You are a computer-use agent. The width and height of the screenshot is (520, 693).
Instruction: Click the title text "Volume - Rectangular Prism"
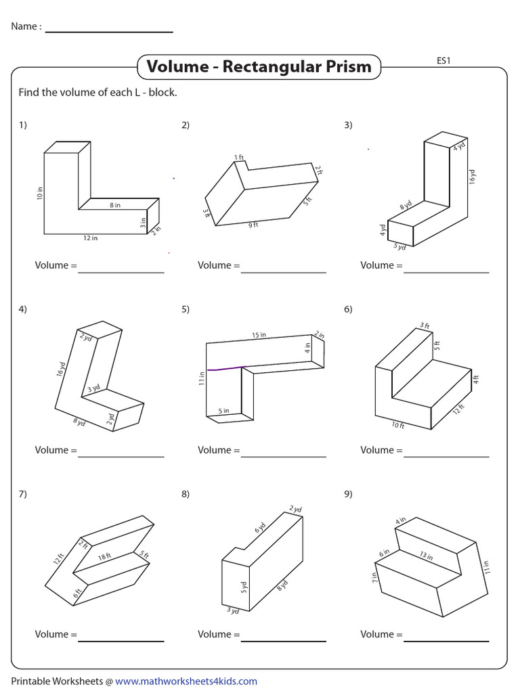[x=259, y=66]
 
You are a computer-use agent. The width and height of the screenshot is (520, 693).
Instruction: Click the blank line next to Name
[x=108, y=31]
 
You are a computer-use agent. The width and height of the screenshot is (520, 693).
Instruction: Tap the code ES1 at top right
[x=443, y=60]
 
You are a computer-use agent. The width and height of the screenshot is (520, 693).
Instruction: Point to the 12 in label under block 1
[x=91, y=238]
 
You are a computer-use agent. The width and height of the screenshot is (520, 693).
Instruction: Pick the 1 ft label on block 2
[x=239, y=158]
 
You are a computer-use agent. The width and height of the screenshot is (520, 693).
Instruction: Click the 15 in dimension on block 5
[x=259, y=335]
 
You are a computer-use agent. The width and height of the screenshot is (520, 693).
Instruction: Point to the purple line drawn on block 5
[x=226, y=369]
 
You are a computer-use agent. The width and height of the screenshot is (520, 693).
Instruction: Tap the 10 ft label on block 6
[x=397, y=426]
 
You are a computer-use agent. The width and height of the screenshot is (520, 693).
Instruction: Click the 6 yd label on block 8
[x=260, y=528]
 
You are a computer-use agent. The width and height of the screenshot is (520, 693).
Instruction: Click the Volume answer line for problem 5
[x=283, y=456]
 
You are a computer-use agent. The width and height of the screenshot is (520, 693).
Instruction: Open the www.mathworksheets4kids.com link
[x=186, y=681]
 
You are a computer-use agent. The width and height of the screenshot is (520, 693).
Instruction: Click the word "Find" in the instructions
[x=29, y=92]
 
